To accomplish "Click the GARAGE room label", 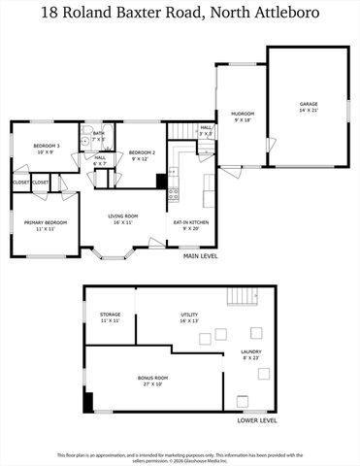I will [309, 104].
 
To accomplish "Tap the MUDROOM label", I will [242, 114].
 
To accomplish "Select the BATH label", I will [98, 133].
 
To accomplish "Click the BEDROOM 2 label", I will [143, 152].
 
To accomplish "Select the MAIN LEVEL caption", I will [201, 256].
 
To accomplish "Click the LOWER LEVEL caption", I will [257, 420].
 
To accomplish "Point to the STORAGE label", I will [110, 315].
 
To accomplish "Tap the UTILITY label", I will [189, 315].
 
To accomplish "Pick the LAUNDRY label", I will [250, 351].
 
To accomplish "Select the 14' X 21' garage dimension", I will [309, 111].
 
